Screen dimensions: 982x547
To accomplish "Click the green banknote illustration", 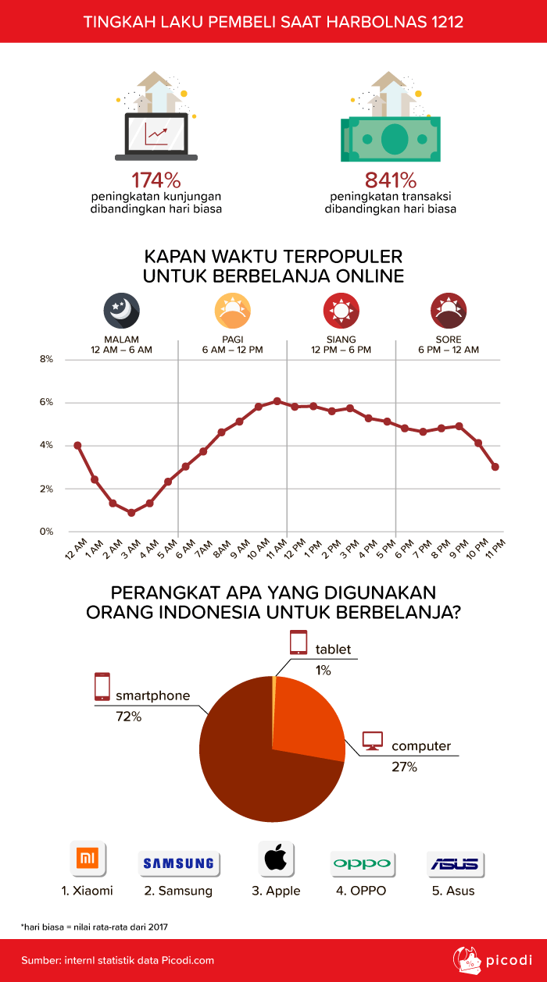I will click(x=390, y=138).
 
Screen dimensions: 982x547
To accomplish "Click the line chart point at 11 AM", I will click(x=277, y=401).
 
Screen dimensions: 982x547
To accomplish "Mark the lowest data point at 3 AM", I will click(x=131, y=513).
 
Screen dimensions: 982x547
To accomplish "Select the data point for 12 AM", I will click(x=77, y=445).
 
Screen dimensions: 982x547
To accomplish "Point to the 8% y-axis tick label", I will click(x=45, y=360).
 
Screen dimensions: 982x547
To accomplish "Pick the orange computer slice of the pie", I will click(x=309, y=718).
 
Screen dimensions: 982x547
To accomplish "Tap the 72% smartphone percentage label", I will click(x=128, y=716).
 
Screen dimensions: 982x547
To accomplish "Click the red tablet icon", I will click(x=299, y=642).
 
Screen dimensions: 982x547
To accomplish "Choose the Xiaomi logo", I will click(x=88, y=860).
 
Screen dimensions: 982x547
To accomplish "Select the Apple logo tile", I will click(x=275, y=860).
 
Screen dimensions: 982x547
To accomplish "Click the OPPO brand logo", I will click(x=361, y=863).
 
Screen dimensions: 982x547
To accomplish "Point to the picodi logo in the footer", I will click(x=492, y=959).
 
